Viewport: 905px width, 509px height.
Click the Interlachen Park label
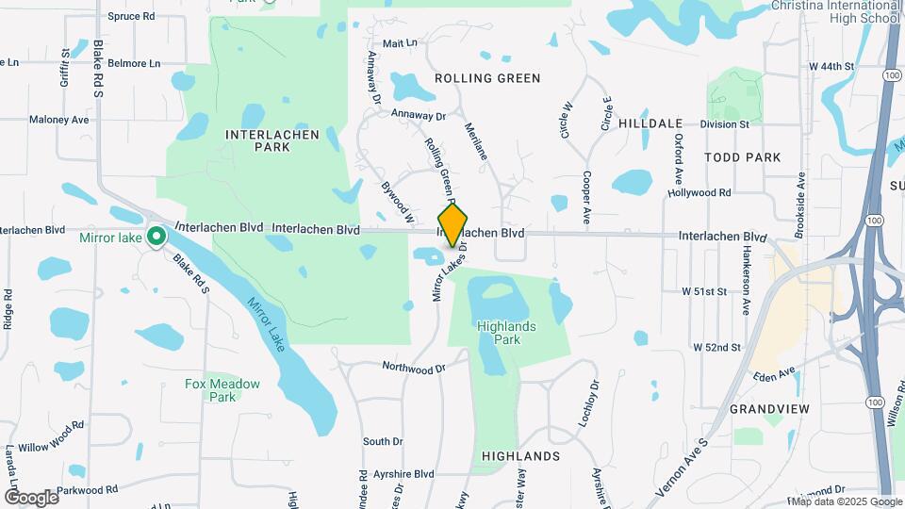pyautogui.click(x=257, y=141)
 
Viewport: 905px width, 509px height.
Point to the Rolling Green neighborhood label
pyautogui.click(x=486, y=78)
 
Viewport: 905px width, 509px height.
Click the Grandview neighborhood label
pyautogui.click(x=769, y=409)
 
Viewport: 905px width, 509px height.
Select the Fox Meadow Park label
pyautogui.click(x=209, y=390)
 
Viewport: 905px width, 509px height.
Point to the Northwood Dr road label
pyautogui.click(x=413, y=366)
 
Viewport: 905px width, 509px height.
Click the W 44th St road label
pyautogui.click(x=831, y=67)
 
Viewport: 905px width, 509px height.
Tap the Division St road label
pyautogui.click(x=724, y=123)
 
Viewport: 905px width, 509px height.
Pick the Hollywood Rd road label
pyautogui.click(x=699, y=192)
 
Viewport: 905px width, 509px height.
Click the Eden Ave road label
pyautogui.click(x=774, y=375)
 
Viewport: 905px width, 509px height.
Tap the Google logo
pyautogui.click(x=31, y=497)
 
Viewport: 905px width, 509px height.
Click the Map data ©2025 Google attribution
pyautogui.click(x=841, y=501)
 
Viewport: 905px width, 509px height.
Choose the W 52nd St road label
pyautogui.click(x=716, y=348)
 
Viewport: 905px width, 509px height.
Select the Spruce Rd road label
pyautogui.click(x=131, y=16)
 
